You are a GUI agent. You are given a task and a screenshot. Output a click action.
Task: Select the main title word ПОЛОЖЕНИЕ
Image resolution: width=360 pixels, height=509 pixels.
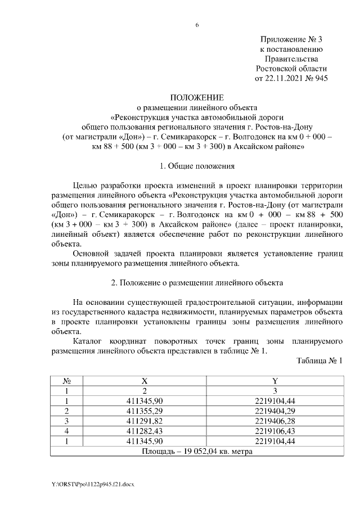[x=197, y=98]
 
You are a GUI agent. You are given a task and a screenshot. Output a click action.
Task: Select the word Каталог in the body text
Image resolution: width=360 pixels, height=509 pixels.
[x=88, y=341]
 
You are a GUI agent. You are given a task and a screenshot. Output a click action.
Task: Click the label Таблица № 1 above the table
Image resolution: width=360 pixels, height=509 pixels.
[x=319, y=361]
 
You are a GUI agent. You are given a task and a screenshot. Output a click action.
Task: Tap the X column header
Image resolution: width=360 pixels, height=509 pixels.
[x=144, y=381]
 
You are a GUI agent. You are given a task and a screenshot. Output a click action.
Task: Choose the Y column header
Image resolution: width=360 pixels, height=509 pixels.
[x=274, y=381]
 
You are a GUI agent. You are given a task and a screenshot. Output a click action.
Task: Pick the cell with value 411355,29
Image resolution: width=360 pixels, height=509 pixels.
[x=144, y=411]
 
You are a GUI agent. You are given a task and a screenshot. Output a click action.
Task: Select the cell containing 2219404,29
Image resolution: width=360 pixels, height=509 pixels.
[x=274, y=411]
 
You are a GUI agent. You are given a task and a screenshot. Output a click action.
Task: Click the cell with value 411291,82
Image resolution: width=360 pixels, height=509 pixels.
[x=144, y=421]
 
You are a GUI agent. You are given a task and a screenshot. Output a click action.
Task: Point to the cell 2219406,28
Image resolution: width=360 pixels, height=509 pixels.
[x=274, y=421]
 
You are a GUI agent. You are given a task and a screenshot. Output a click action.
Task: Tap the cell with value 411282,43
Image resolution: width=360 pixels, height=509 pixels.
[x=144, y=431]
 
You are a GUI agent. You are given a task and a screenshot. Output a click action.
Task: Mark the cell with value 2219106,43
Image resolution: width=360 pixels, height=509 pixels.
[x=274, y=431]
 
